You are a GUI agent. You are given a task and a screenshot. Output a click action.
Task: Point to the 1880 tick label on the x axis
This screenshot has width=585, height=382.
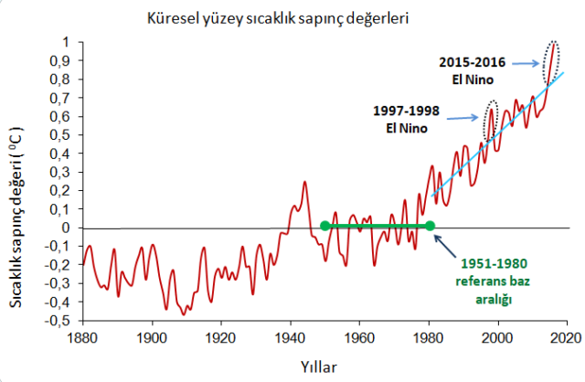82,335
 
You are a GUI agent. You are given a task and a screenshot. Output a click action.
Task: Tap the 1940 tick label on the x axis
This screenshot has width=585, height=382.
290,335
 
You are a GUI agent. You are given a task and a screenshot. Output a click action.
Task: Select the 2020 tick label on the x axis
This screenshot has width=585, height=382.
566,335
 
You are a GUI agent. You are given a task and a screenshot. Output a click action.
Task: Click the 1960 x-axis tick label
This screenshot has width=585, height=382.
359,335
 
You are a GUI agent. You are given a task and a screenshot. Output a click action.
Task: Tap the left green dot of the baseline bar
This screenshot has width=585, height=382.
324,226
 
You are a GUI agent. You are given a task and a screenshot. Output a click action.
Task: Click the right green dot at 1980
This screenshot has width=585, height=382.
430,226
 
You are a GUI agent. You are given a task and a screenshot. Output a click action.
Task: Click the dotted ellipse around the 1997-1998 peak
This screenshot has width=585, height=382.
490,120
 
